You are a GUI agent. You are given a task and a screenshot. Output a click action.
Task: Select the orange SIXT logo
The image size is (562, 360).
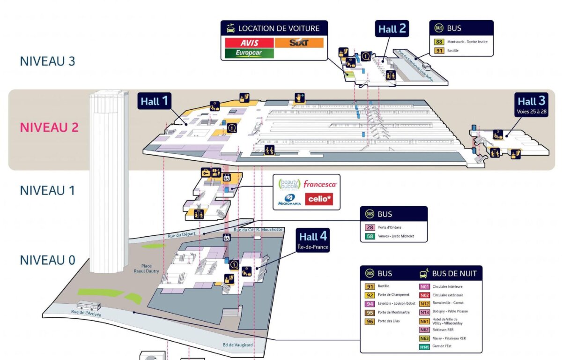pyautogui.click(x=299, y=43)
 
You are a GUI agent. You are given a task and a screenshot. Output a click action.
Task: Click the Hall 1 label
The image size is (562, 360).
pyautogui.click(x=154, y=101)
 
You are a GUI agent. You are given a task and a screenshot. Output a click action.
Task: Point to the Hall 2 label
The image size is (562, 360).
pyautogui.click(x=392, y=29)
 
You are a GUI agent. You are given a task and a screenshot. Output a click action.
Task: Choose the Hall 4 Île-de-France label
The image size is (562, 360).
pyautogui.click(x=313, y=240)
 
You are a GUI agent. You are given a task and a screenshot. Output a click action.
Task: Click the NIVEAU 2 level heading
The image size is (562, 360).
pyautogui.click(x=49, y=127)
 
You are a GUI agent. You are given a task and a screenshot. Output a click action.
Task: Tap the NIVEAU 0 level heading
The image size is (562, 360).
pyautogui.click(x=47, y=260)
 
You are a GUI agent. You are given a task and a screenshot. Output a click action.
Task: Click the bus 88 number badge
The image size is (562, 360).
pyautogui.click(x=439, y=42)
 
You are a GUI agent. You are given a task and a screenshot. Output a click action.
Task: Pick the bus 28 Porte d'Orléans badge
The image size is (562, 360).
pyautogui.click(x=370, y=227)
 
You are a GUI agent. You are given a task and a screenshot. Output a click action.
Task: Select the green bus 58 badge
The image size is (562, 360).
pyautogui.click(x=370, y=236)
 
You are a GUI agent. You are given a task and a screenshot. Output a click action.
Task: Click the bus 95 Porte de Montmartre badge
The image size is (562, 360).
pyautogui.click(x=370, y=312)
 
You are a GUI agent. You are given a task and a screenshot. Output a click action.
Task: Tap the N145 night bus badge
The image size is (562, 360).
pyautogui.click(x=424, y=347)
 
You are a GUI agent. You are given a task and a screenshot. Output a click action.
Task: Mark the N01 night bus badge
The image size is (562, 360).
pyautogui.click(x=424, y=286)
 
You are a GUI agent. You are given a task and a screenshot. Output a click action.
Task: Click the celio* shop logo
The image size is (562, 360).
pyautogui.click(x=319, y=200)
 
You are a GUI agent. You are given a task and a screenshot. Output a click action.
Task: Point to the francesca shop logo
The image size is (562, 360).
pyautogui.click(x=320, y=184)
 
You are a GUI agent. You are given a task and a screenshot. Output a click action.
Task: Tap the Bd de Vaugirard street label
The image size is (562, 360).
pyautogui.click(x=238, y=345)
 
